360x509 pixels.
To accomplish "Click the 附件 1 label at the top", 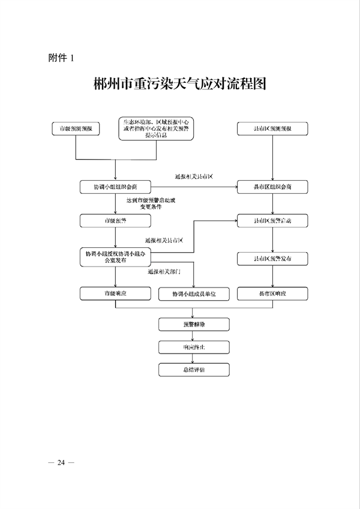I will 61,58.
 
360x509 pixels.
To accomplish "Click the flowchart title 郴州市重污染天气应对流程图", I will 180,83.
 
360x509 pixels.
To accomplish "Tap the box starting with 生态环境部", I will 156,128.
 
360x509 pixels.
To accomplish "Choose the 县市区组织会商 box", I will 273,187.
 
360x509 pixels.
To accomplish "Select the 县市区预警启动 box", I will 273,221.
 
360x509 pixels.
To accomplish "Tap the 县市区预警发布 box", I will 273,258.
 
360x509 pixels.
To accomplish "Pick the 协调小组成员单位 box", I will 193,294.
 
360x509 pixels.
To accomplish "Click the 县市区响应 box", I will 273,294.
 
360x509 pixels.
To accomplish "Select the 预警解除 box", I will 193,325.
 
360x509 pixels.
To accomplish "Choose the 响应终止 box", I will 193,348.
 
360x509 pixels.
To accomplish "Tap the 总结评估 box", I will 193,370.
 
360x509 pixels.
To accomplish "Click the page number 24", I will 61,462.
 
